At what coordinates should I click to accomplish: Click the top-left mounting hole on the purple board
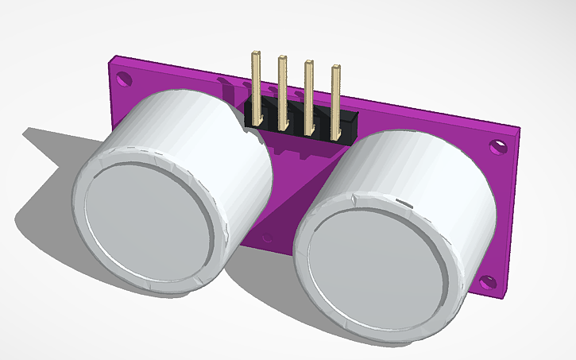point(122,79)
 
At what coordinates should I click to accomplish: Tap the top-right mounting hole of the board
point(497,147)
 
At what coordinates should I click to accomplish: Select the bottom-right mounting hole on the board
point(488,281)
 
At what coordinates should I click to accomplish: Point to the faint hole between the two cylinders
point(268,237)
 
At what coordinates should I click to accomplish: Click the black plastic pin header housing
point(302,119)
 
